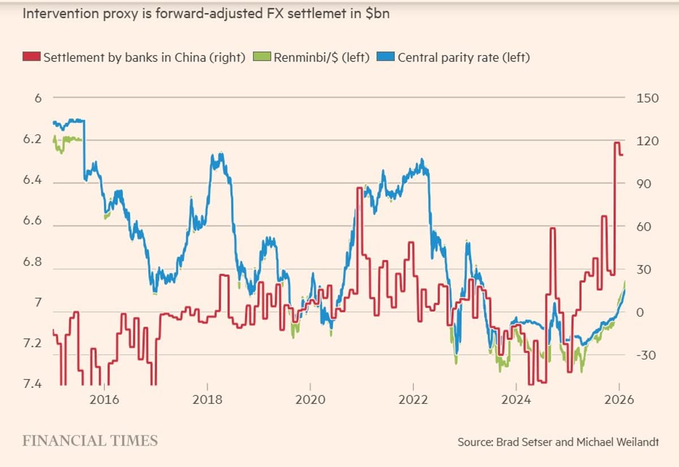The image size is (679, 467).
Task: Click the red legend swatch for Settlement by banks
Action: click(x=32, y=57)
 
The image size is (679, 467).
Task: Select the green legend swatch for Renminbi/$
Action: click(x=262, y=57)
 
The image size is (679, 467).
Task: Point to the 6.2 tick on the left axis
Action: click(x=33, y=139)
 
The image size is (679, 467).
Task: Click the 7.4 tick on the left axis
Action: click(x=33, y=385)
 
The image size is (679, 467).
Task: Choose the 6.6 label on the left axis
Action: click(x=33, y=220)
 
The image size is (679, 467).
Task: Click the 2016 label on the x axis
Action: click(x=104, y=400)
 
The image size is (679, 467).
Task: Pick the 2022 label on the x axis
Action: click(x=413, y=400)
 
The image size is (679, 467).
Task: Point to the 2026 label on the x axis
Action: click(x=618, y=400)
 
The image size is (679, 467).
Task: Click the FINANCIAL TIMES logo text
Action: click(x=90, y=440)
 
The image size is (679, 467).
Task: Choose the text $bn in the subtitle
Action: click(x=377, y=14)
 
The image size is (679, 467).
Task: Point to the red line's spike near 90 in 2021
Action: click(x=359, y=188)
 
